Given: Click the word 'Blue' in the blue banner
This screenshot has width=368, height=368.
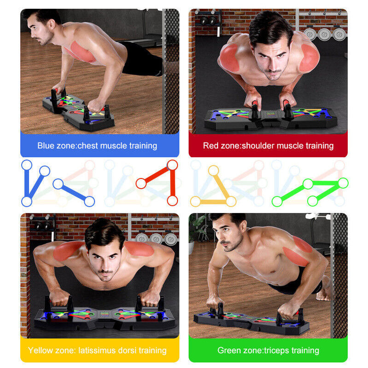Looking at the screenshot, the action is point(46,145).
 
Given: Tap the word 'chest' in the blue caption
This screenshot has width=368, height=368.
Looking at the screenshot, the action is point(87,146).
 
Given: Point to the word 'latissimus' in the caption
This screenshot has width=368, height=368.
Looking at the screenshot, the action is point(97,351).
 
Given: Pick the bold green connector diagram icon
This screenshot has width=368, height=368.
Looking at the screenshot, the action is point(310,192).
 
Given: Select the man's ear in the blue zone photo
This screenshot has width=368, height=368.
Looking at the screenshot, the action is point(52,24).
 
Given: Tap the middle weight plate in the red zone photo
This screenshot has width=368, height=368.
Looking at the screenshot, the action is point(324,35).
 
